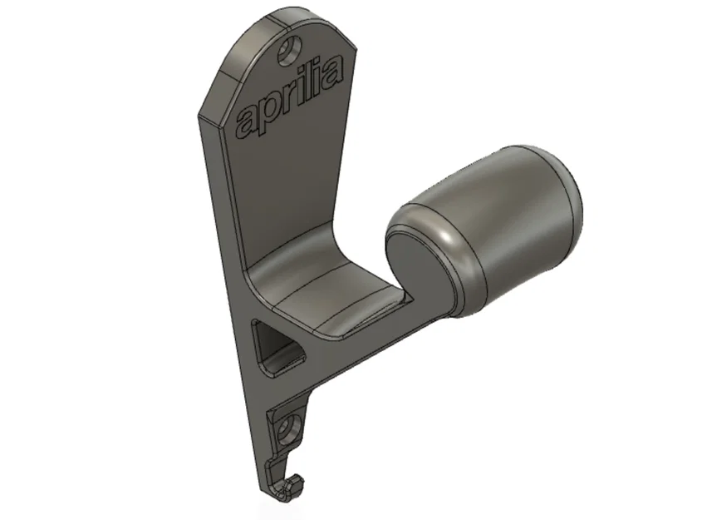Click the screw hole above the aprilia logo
click(290, 50)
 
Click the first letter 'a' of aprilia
click(248, 119)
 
